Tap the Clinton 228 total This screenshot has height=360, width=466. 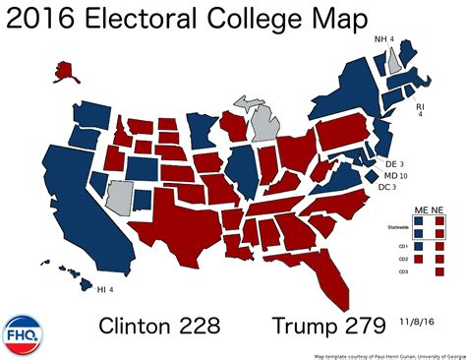(x=158, y=325)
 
